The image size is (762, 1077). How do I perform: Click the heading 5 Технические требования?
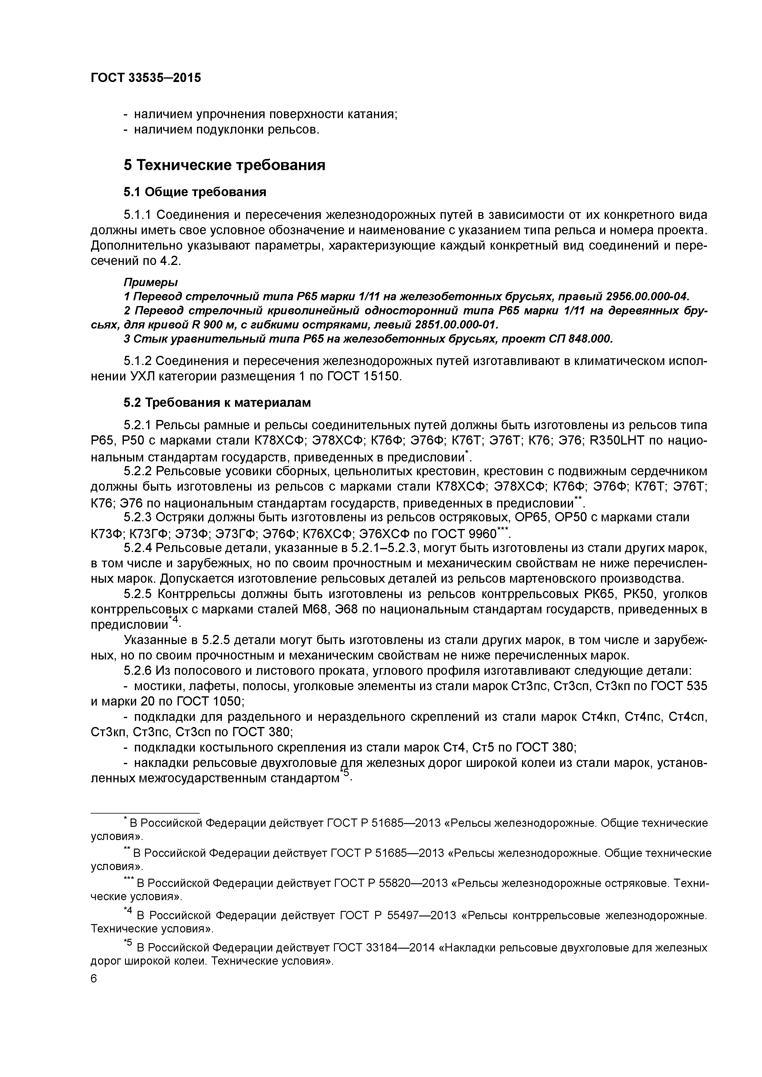pos(224,165)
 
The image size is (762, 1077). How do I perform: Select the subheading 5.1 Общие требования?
pos(195,192)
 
